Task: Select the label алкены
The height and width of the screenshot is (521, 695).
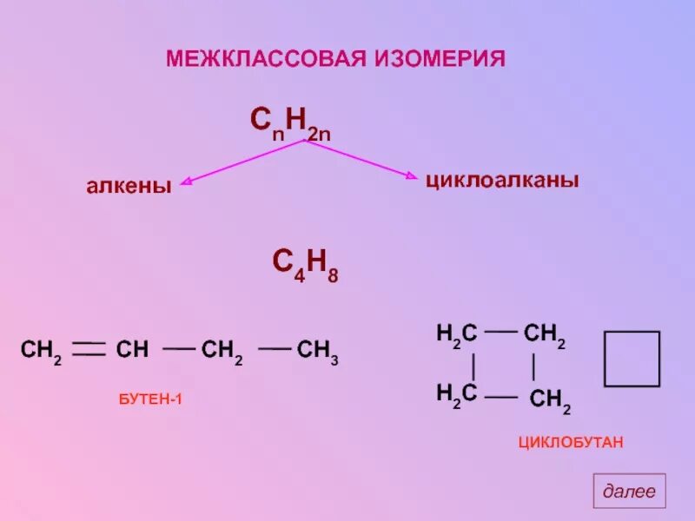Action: coord(128,186)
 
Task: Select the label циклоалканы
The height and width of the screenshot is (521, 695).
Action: coord(502,181)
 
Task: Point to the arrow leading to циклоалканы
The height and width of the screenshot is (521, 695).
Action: coord(361,160)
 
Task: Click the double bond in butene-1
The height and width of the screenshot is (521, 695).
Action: coord(89,350)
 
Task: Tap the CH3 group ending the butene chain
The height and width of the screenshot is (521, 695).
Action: coord(317,352)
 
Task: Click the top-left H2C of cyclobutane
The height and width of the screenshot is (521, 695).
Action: coord(457,333)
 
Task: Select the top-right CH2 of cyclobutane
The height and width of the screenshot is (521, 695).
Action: coord(546,333)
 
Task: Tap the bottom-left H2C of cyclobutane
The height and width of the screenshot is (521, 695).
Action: coord(457,393)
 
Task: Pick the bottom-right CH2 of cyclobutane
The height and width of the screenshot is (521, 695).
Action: coord(550,399)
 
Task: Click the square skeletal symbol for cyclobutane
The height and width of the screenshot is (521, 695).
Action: coord(632,358)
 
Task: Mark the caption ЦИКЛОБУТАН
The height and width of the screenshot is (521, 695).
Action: coord(572,443)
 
